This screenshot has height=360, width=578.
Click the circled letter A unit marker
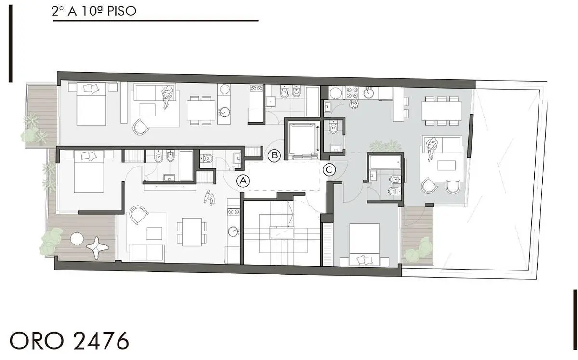pos(244,181)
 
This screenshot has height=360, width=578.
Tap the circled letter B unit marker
pos(275,155)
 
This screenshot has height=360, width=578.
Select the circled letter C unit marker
pos(329,170)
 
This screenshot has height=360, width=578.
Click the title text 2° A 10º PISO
pos(94,12)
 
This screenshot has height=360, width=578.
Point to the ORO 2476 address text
pos(69,341)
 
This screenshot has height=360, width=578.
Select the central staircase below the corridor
pos(282,233)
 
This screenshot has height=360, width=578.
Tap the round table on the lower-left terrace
pos(77,238)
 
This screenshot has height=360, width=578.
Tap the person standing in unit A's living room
pos(209,198)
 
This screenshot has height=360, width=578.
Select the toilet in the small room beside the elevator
pos(333,128)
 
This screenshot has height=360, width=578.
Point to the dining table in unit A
pos(191,231)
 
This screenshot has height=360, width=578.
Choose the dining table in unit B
pos(201,110)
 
